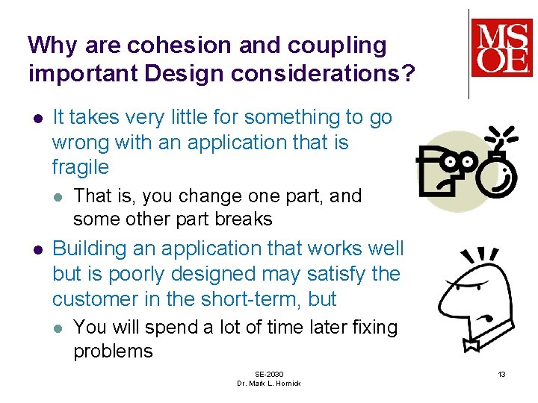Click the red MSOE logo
(x=501, y=48)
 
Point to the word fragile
(x=80, y=167)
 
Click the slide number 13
(x=501, y=373)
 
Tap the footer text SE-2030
(x=269, y=373)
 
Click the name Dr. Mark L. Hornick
(x=269, y=384)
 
